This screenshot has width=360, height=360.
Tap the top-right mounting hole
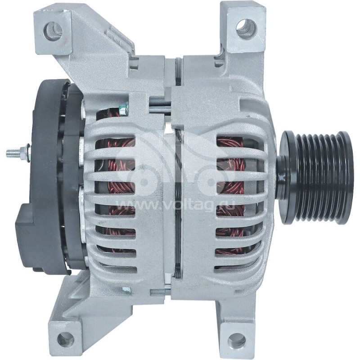(x=245, y=28)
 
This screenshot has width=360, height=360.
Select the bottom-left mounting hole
(x=66, y=340)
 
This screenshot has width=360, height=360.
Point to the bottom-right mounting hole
(x=236, y=341)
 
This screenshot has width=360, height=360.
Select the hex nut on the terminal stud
(x=27, y=152)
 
